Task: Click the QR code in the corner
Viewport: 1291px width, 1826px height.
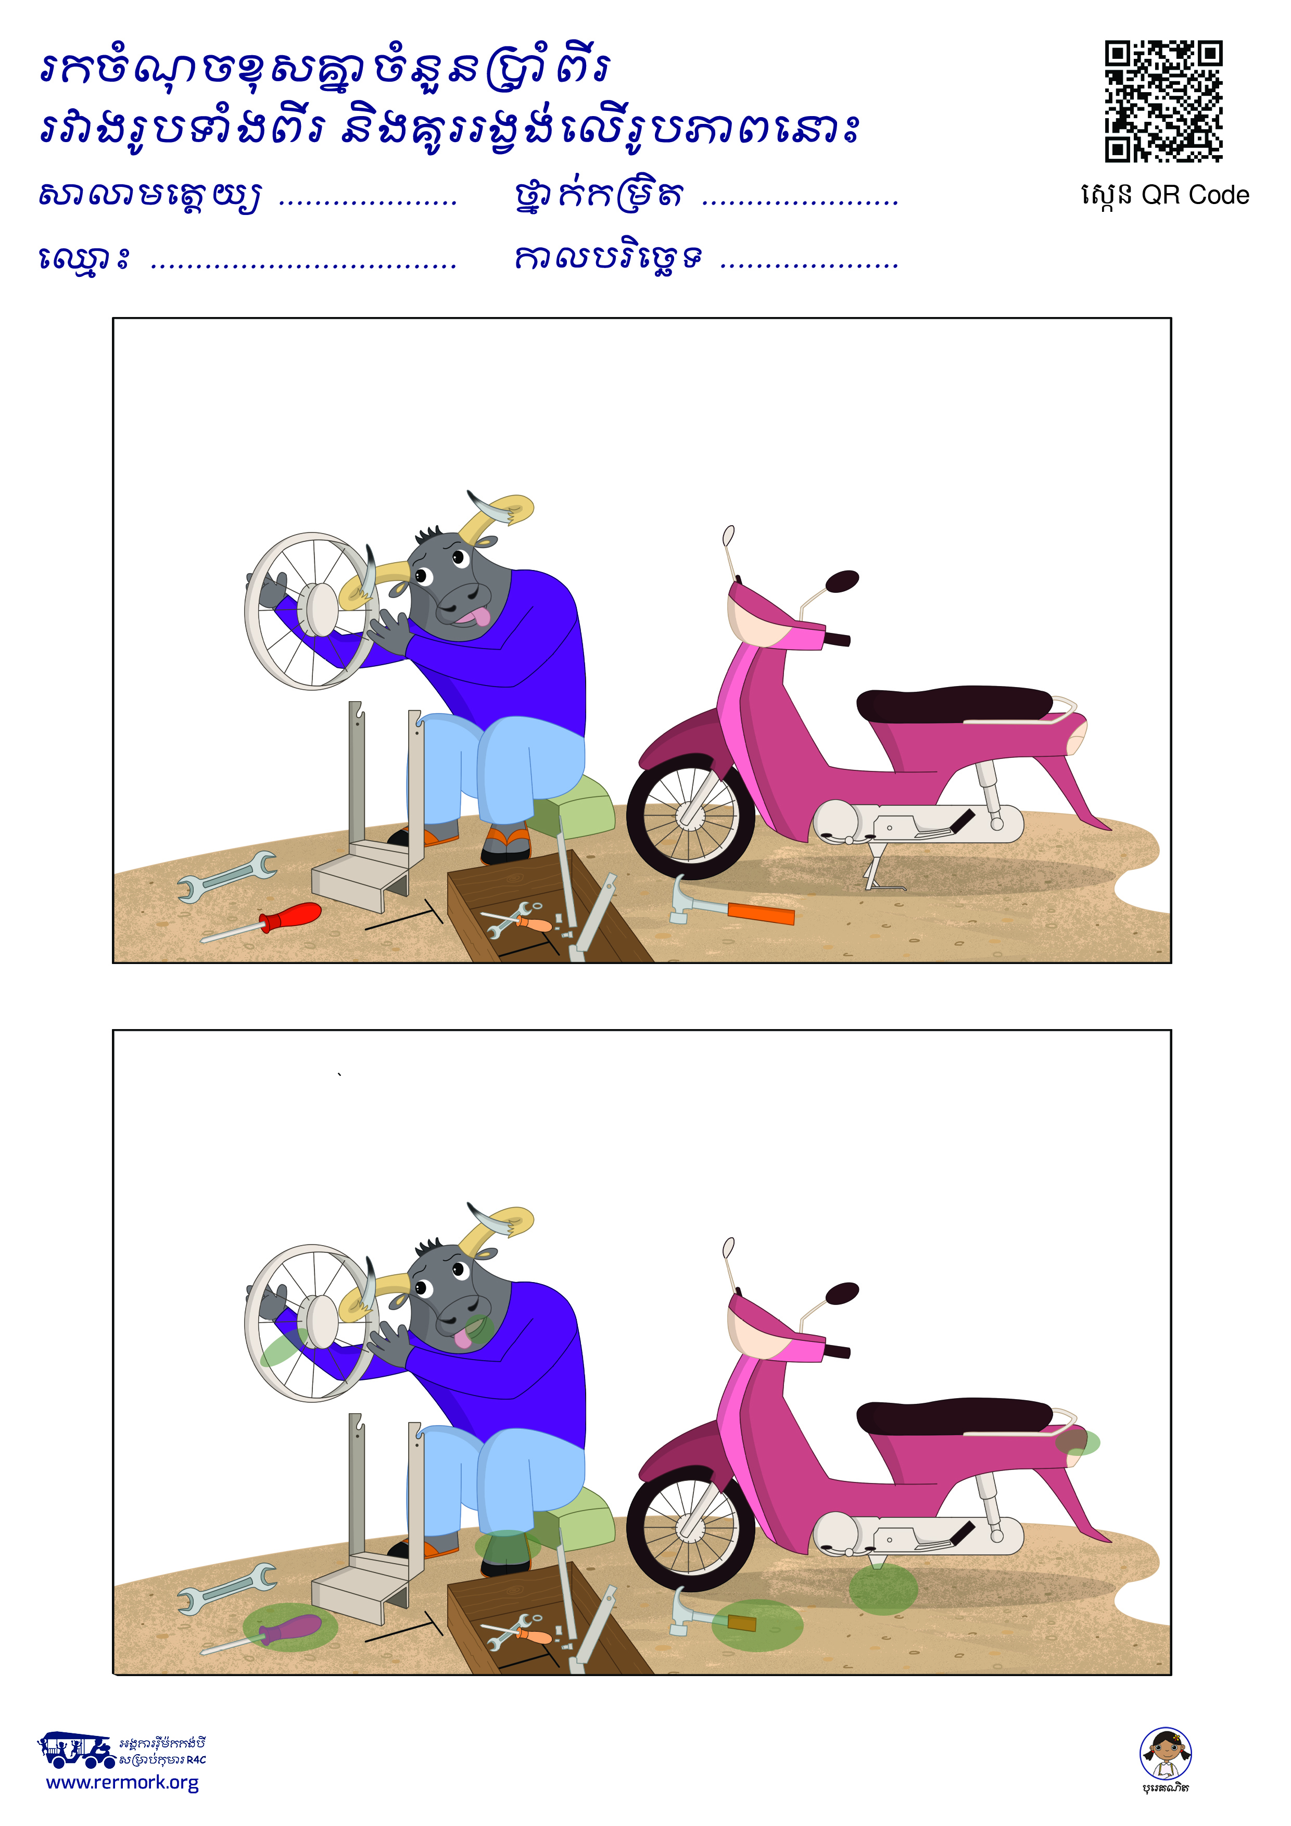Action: coord(1163,101)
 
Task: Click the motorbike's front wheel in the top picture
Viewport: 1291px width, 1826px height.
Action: coord(690,816)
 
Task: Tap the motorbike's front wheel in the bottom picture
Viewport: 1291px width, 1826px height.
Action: coord(690,1529)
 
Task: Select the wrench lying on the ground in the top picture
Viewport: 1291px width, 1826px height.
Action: coord(226,876)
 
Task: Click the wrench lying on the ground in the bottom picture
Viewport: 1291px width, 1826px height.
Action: coord(226,1588)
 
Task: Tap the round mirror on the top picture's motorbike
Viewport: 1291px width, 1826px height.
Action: coord(842,581)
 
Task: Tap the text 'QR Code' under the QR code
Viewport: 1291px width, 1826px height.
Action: coord(1195,196)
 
